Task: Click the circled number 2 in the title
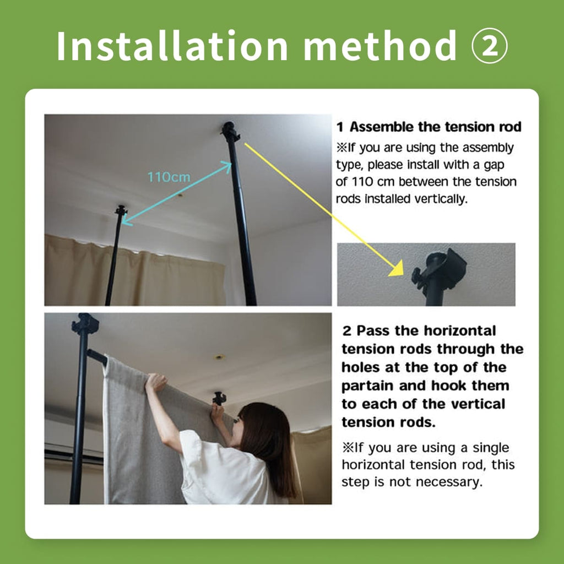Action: point(489,46)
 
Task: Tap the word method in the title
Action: point(380,46)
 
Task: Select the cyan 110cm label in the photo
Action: point(169,177)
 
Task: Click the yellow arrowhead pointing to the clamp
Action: point(397,269)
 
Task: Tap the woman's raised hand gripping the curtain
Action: point(156,382)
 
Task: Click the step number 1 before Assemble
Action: point(340,127)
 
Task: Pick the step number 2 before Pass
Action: point(346,330)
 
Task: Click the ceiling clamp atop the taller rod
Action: point(230,132)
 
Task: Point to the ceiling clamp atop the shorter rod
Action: point(121,210)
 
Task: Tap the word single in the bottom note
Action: point(491,448)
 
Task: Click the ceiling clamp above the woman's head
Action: point(219,398)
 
